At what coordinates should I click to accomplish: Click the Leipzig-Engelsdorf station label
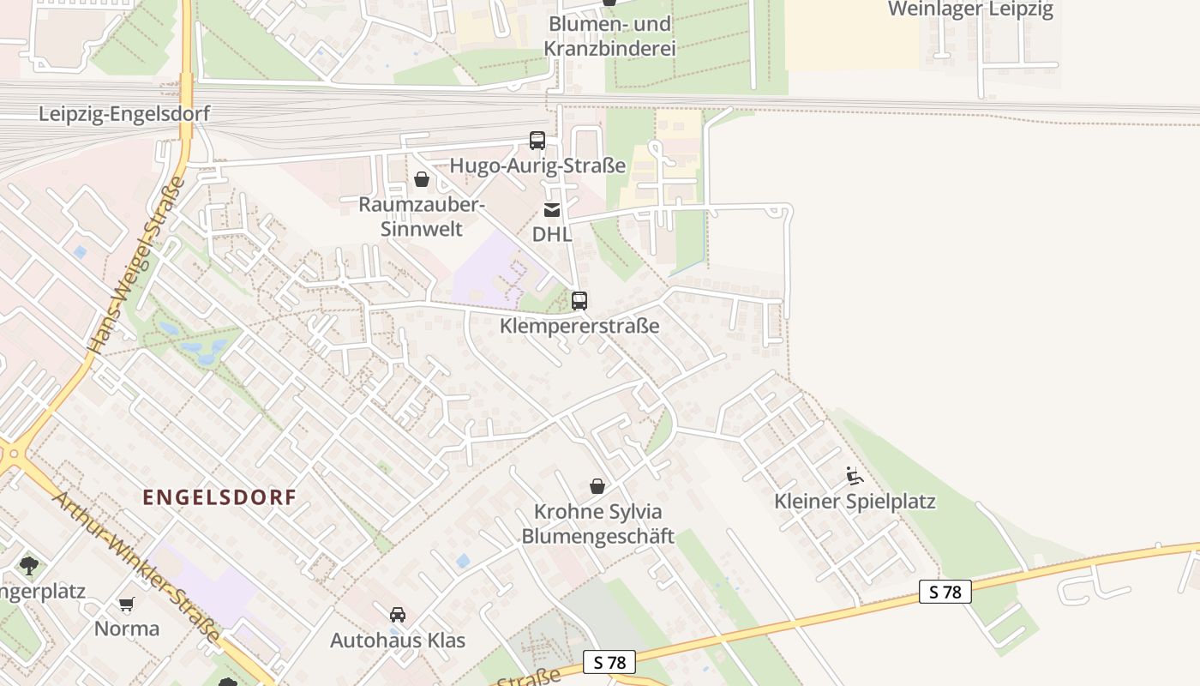(124, 114)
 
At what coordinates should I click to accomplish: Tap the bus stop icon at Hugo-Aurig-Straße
(537, 141)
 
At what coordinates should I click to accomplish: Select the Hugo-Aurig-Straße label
(537, 165)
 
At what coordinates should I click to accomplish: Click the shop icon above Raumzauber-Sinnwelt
(422, 179)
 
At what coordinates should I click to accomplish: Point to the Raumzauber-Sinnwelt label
(422, 217)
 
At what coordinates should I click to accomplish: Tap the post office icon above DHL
(552, 210)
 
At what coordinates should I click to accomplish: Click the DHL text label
(552, 234)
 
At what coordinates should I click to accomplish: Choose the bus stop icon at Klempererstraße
(579, 301)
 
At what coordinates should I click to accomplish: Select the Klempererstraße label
(579, 326)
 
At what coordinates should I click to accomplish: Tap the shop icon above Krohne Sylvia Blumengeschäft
(597, 486)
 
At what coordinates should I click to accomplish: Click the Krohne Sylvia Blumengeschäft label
(597, 524)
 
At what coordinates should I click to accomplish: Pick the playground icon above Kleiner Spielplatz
(854, 476)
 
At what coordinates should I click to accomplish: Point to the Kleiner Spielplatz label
(855, 501)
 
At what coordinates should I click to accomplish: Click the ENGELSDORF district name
(219, 496)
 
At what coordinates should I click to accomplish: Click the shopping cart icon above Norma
(127, 605)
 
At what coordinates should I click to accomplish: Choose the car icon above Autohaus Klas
(398, 615)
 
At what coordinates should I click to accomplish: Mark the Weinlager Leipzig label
(970, 9)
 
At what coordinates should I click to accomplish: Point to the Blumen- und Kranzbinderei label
(609, 36)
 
